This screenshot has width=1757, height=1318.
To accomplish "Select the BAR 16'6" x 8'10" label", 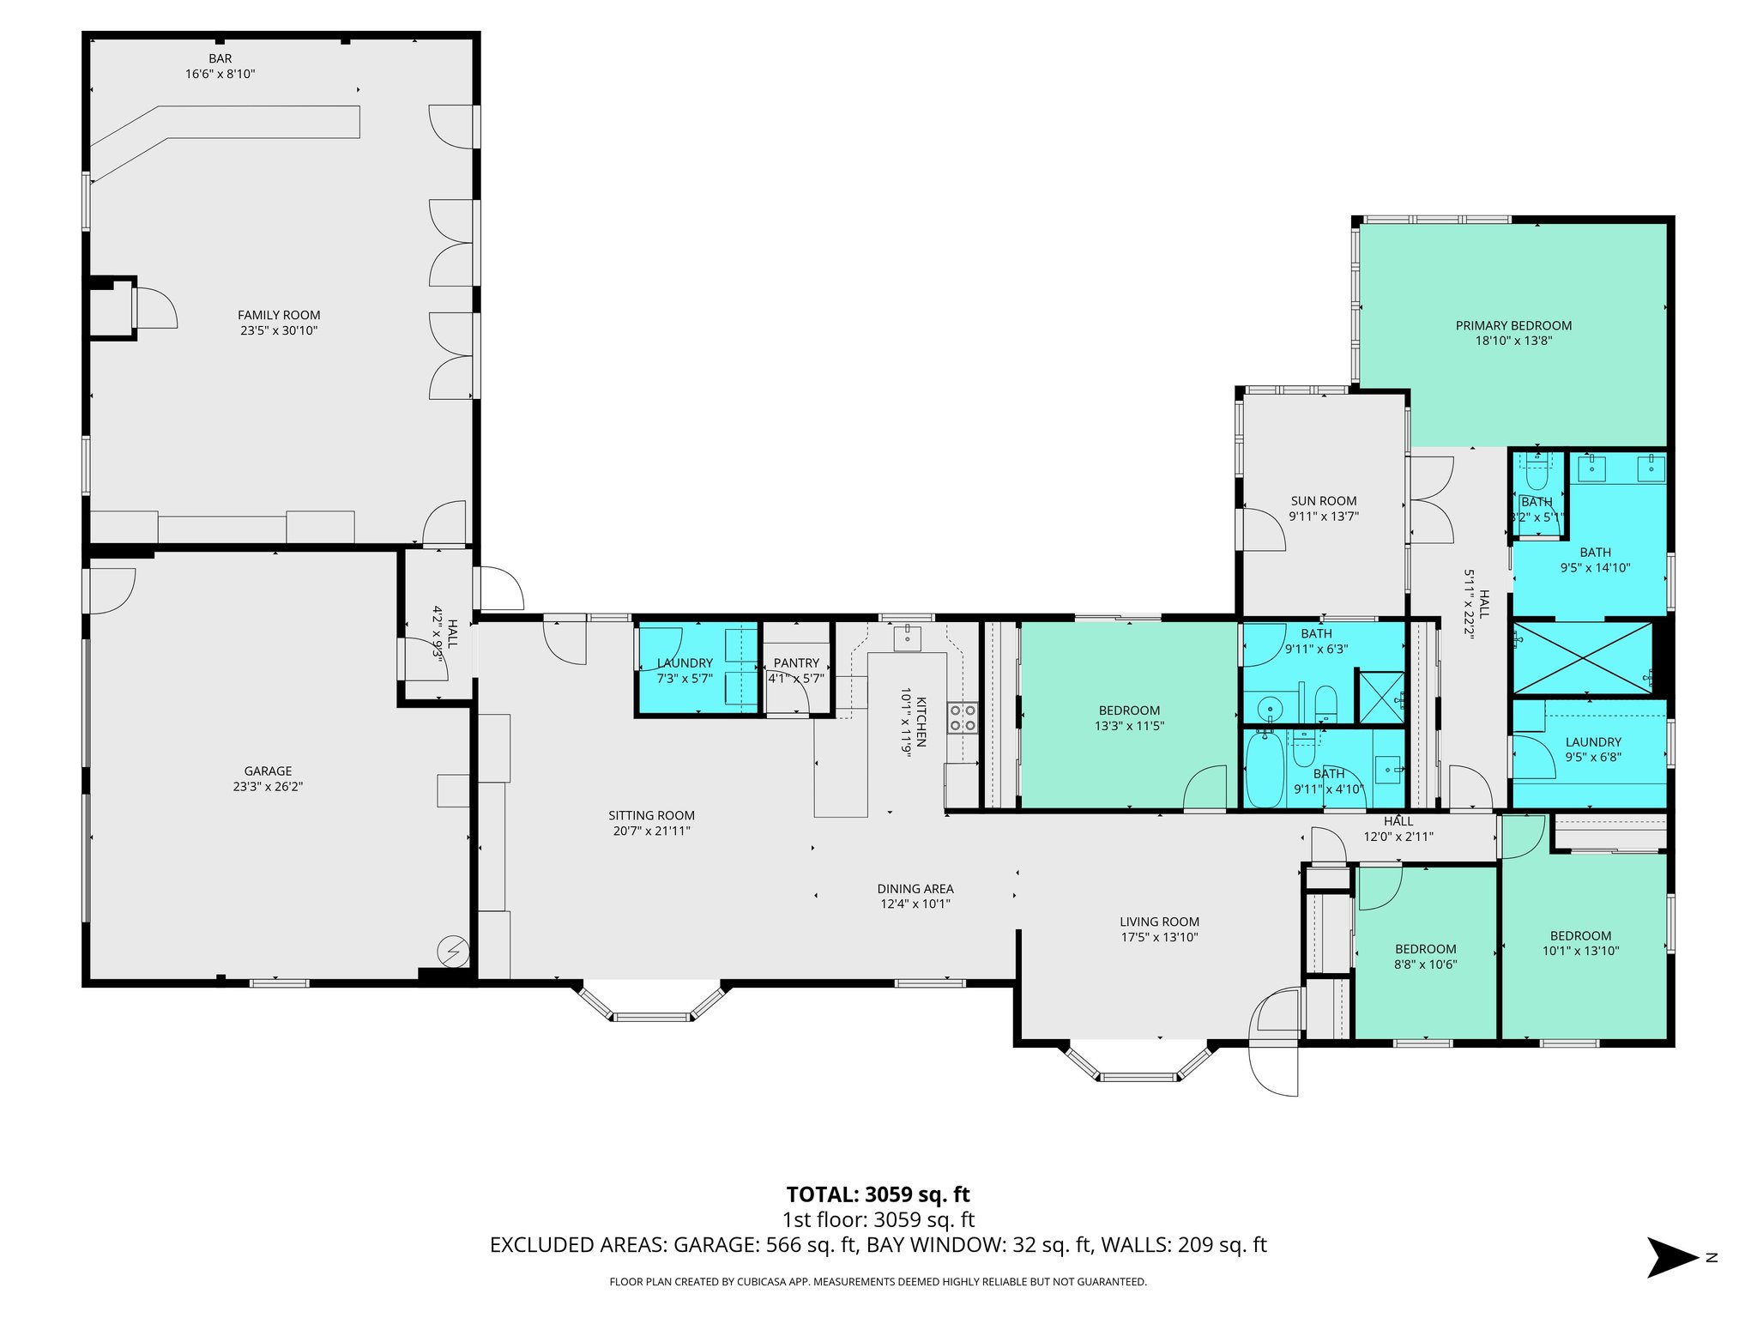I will [220, 66].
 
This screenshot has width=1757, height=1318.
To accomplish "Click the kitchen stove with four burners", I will [963, 717].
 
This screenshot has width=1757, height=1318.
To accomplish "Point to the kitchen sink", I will [907, 639].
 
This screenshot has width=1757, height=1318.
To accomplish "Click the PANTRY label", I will [796, 663].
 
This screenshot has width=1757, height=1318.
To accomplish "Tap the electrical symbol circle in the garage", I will [453, 951].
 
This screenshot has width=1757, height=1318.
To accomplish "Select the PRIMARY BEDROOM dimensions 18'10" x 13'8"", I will [1513, 341].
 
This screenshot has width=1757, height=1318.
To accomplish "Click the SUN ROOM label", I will [1324, 501].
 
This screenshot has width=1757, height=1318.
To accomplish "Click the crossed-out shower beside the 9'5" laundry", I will [1583, 658].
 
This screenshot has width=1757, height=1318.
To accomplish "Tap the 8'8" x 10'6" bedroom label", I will [1425, 956].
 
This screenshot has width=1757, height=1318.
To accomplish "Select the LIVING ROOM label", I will [1159, 922].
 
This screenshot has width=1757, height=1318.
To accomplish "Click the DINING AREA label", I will [915, 889].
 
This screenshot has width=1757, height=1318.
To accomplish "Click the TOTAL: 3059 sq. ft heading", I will [878, 1194].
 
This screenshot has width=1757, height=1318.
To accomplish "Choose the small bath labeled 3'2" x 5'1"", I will [1537, 509].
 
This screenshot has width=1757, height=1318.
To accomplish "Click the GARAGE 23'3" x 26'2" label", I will [268, 778].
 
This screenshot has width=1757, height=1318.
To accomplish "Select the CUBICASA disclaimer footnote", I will [878, 1282].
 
